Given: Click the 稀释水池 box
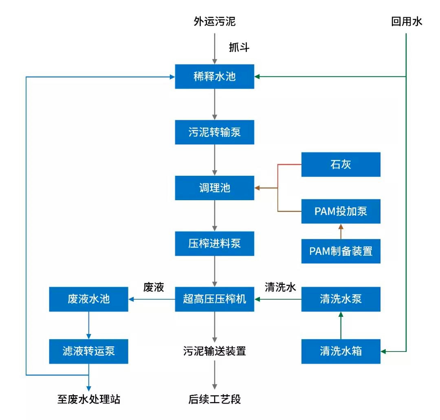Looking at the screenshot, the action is point(214,76).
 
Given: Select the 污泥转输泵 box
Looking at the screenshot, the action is point(214,132).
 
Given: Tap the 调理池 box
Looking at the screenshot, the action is point(214,188).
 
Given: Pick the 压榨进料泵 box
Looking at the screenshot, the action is point(214,243).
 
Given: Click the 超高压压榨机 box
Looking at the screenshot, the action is point(214,299).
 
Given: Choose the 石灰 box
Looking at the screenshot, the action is point(341,164).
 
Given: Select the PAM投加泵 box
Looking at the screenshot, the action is point(341,211).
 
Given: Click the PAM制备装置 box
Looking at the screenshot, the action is point(341,251).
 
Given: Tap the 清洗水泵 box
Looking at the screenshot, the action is point(341,299).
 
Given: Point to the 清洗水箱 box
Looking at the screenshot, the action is point(341,351).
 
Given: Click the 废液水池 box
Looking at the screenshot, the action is point(88,299).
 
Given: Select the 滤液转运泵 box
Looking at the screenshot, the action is point(88,351).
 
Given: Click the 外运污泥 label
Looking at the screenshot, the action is point(214,21).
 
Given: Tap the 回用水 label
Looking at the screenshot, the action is point(406,21).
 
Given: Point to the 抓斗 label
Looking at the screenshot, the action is point(239,47).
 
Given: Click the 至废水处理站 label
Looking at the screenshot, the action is point(89,399).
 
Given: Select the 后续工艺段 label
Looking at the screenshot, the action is point(214,399).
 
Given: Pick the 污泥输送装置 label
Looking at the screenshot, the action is point(214,351).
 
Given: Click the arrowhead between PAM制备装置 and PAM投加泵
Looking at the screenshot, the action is point(341,226).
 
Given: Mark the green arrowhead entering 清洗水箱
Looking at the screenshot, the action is point(383,351).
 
